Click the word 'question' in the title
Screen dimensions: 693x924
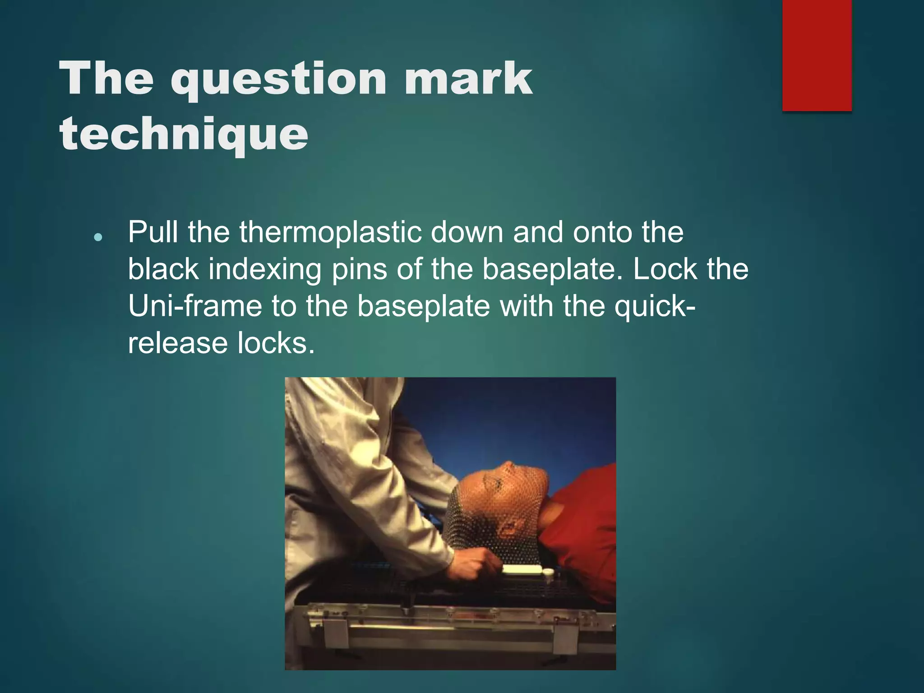pos(278,79)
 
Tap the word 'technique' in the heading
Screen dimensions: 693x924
pos(184,133)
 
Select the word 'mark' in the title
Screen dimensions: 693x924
pos(468,79)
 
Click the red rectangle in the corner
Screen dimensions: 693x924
pos(817,55)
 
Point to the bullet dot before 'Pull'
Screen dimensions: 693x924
pos(98,237)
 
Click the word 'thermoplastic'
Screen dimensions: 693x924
pos(332,232)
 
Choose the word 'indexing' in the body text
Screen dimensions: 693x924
pos(264,269)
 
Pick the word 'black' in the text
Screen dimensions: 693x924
pos(163,269)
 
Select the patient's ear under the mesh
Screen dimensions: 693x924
pos(510,526)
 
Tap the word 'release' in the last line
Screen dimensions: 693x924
pos(178,343)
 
